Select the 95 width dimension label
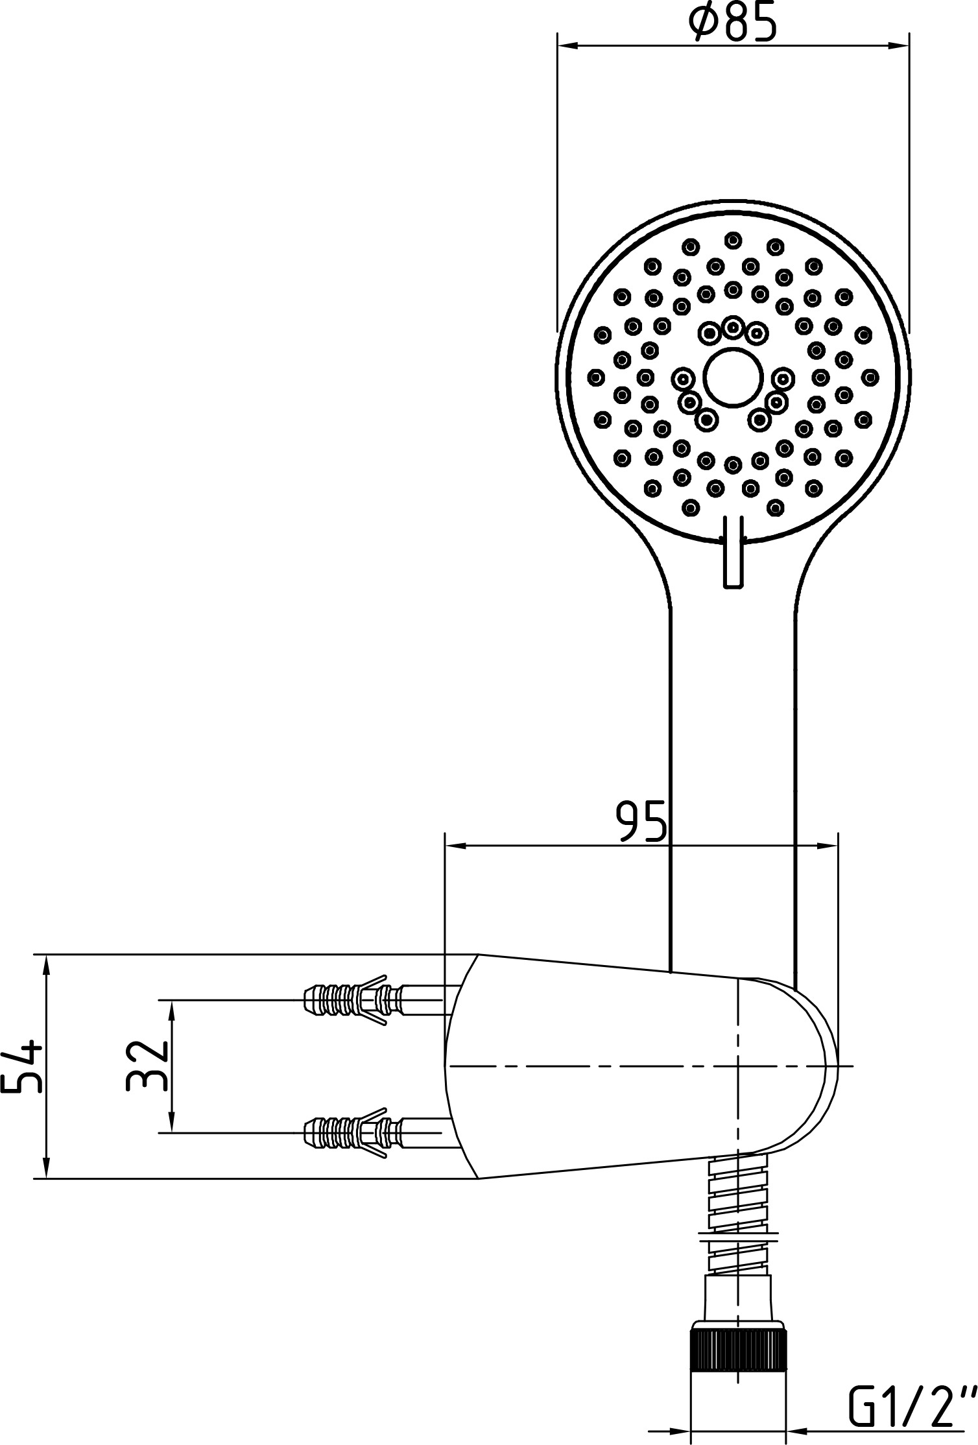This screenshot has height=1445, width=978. coord(641,821)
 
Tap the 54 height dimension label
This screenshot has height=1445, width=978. coord(23,1066)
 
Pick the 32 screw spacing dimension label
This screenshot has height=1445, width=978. coord(147,1066)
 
